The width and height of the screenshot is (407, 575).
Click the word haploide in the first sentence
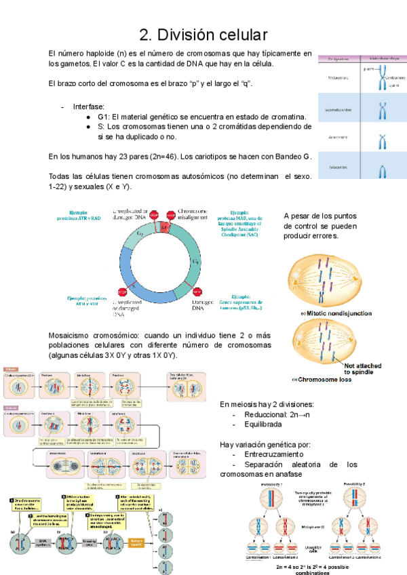pyautogui.click(x=98, y=54)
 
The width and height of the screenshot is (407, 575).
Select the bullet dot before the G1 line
pyautogui.click(x=89, y=117)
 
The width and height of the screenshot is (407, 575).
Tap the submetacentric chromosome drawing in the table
pyautogui.click(x=382, y=107)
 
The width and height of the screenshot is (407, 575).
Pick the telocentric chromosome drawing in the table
pyautogui.click(x=382, y=169)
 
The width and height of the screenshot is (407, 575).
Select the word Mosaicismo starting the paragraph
pyautogui.click(x=73, y=335)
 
